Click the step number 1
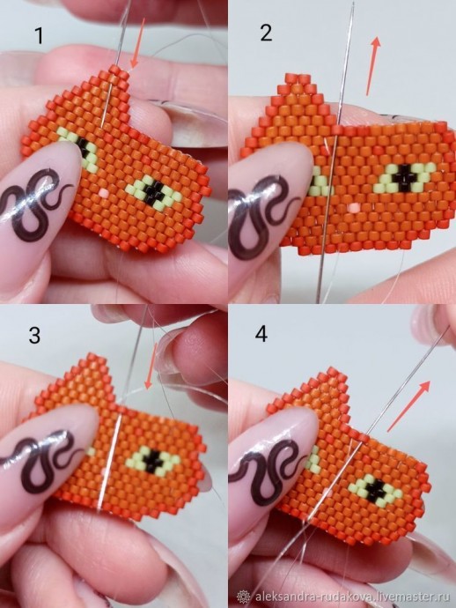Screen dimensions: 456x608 [39, 35]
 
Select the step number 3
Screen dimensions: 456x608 [34, 335]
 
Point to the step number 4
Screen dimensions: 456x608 [261, 333]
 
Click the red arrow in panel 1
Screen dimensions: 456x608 [138, 43]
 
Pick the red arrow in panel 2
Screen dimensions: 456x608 [373, 66]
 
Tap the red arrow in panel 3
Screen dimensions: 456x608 [151, 366]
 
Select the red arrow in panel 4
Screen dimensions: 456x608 [408, 406]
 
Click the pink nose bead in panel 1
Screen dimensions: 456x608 [104, 193]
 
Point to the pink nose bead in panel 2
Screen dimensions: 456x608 [353, 208]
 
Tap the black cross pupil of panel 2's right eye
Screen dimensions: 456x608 [405, 178]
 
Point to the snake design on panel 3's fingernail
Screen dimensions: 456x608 [39, 458]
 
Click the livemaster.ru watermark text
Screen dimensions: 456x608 [352, 595]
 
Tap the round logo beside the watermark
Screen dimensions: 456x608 [244, 596]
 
